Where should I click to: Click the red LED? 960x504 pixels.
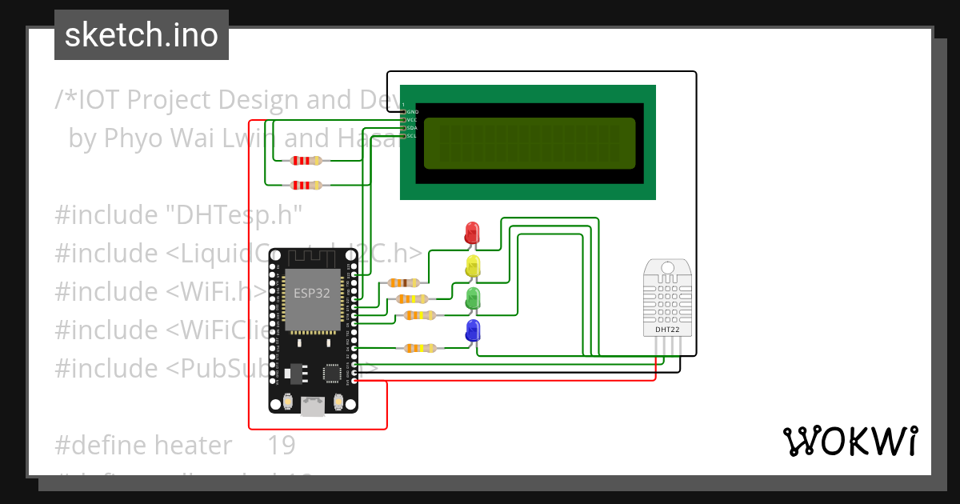[472, 233]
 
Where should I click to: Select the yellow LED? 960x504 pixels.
[472, 266]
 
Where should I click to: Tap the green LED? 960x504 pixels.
[472, 299]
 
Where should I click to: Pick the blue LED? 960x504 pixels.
[472, 330]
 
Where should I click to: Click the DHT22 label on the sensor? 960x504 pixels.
[666, 329]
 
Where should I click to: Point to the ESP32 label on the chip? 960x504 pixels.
[311, 293]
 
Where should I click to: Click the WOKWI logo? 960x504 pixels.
[850, 441]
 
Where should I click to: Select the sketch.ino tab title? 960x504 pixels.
[142, 35]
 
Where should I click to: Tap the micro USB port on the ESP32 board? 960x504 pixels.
[312, 408]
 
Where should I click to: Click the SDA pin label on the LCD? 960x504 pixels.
[412, 128]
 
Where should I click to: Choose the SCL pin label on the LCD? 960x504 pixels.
[411, 136]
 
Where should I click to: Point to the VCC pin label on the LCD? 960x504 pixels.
[412, 120]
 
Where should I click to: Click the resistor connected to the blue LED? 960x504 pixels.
[419, 347]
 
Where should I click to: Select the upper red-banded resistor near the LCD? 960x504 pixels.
[306, 160]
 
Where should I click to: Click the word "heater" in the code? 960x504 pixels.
[193, 444]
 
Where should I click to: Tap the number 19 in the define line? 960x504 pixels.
[281, 444]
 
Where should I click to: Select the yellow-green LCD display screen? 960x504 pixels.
[530, 144]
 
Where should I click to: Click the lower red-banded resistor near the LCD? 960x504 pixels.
[306, 186]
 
